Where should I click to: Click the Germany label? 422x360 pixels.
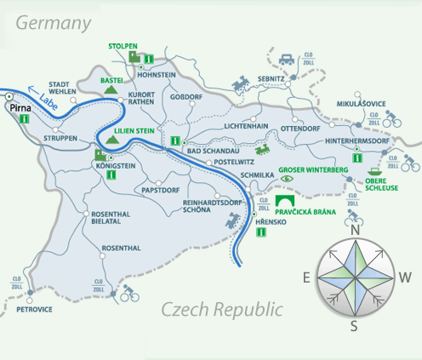[x=53, y=24]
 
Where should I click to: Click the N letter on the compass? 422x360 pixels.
[x=356, y=230]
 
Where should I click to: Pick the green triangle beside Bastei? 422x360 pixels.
[x=107, y=89]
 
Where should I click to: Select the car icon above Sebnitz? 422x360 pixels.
[x=288, y=60]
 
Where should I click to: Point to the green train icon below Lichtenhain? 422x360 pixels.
[x=266, y=148]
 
